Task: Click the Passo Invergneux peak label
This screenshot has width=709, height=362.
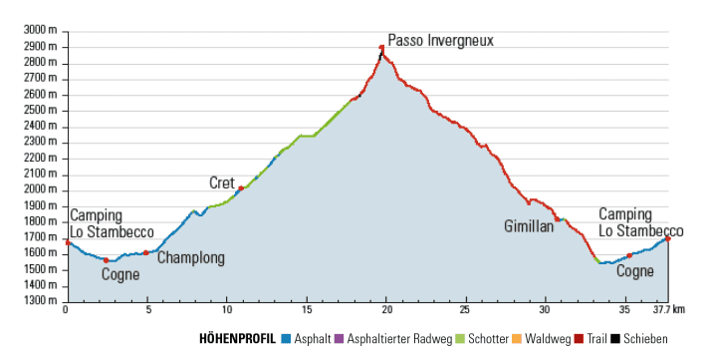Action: tap(440, 41)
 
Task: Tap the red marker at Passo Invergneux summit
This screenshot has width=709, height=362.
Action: tap(381, 47)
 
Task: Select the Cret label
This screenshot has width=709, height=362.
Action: tap(222, 182)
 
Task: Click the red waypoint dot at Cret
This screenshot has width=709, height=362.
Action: tap(241, 188)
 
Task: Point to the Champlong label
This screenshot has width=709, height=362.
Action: tap(190, 258)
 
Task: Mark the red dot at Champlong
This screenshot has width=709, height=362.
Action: tap(145, 252)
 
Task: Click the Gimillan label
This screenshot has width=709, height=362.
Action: tap(528, 226)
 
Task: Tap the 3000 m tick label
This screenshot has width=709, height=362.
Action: tap(41, 31)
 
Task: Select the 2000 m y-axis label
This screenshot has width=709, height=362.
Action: tap(41, 189)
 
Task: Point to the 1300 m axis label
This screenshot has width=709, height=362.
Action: tap(41, 300)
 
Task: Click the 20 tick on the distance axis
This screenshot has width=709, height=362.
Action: tap(385, 310)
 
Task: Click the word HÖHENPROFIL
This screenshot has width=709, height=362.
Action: tap(238, 339)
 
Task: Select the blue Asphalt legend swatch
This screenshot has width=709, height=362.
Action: tap(285, 339)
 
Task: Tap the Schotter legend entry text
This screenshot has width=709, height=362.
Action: tap(488, 339)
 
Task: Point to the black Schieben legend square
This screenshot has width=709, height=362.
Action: tap(614, 339)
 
